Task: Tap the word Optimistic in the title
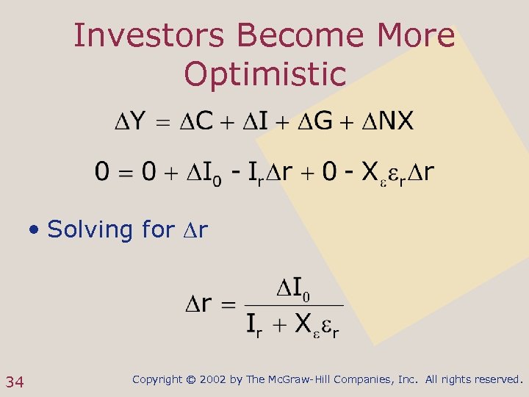tap(264, 74)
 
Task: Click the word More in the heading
tap(416, 35)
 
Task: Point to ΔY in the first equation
tap(129, 121)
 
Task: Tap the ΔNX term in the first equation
tap(386, 121)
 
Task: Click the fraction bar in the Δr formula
tap(293, 304)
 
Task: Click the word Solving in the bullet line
tap(89, 229)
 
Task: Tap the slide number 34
tap(15, 381)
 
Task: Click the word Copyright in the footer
tap(157, 379)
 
